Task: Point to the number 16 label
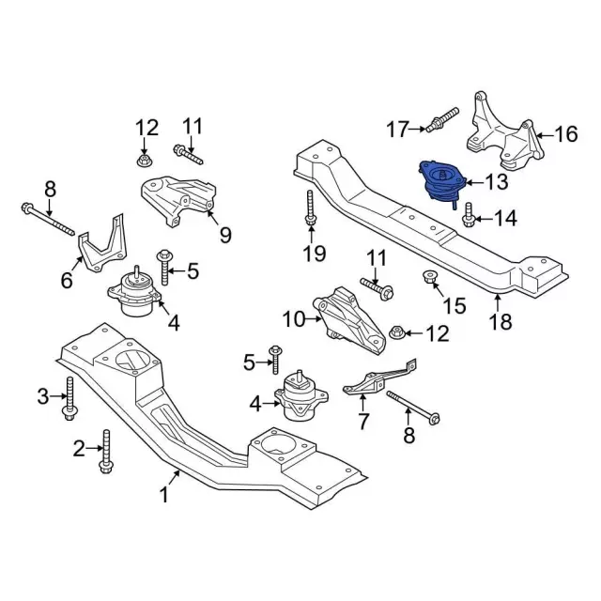tap(565, 134)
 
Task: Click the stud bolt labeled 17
tap(440, 122)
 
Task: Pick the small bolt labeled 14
tap(469, 219)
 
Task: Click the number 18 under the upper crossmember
tap(501, 323)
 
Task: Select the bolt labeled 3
tap(70, 398)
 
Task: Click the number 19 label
tap(314, 253)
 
